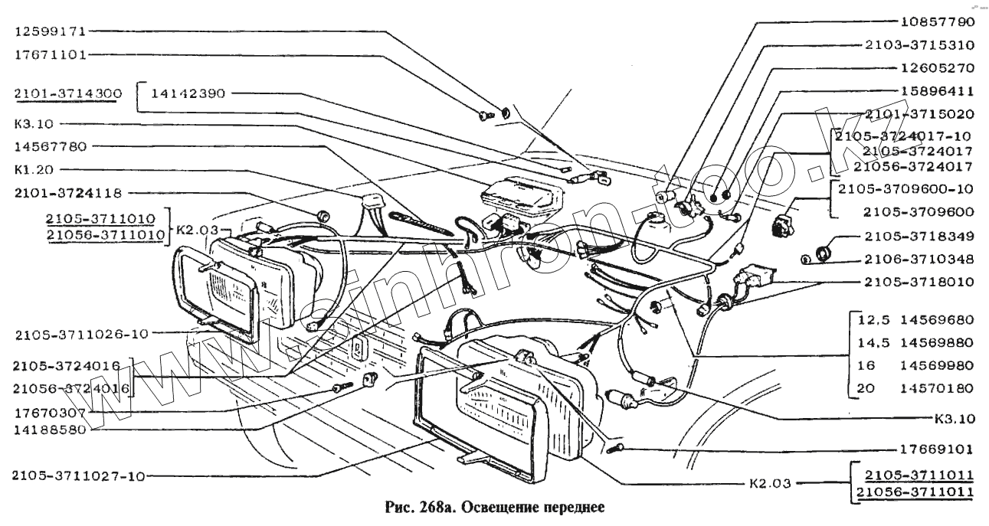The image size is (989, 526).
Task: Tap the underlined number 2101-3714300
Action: pos(67,94)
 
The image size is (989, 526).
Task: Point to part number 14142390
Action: pos(188,94)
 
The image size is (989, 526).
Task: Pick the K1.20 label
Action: pos(34,168)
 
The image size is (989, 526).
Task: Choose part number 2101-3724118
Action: pos(67,193)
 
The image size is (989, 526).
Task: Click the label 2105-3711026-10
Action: pos(80,333)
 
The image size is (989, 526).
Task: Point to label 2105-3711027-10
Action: pos(78,476)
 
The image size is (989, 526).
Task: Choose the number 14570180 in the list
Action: pos(938,388)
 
